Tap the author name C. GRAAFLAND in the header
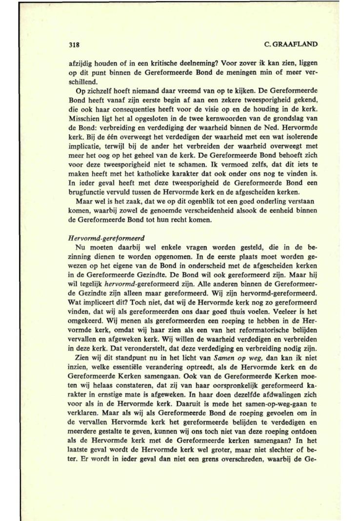point(290,44)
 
